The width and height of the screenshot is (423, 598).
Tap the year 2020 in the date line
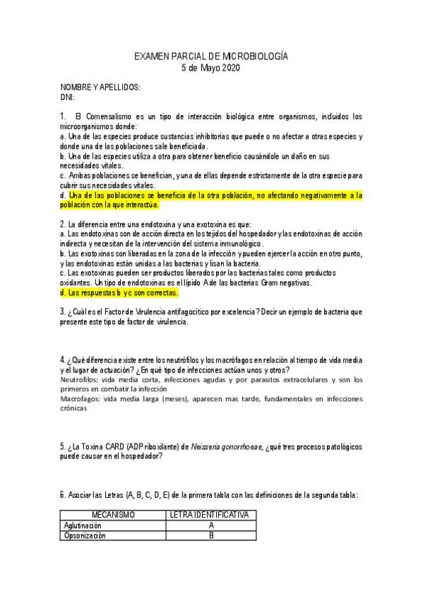pyautogui.click(x=230, y=68)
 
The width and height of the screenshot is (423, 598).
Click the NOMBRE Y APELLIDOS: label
pyautogui.click(x=100, y=87)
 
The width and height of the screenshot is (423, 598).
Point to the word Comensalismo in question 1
pyautogui.click(x=116, y=116)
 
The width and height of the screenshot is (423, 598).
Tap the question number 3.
pyautogui.click(x=62, y=312)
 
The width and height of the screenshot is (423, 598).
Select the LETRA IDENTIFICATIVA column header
pyautogui.click(x=210, y=515)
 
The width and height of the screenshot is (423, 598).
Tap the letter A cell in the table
pyautogui.click(x=210, y=525)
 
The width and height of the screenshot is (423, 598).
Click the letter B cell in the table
pyautogui.click(x=210, y=535)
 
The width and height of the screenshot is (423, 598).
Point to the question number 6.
pyautogui.click(x=62, y=495)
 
